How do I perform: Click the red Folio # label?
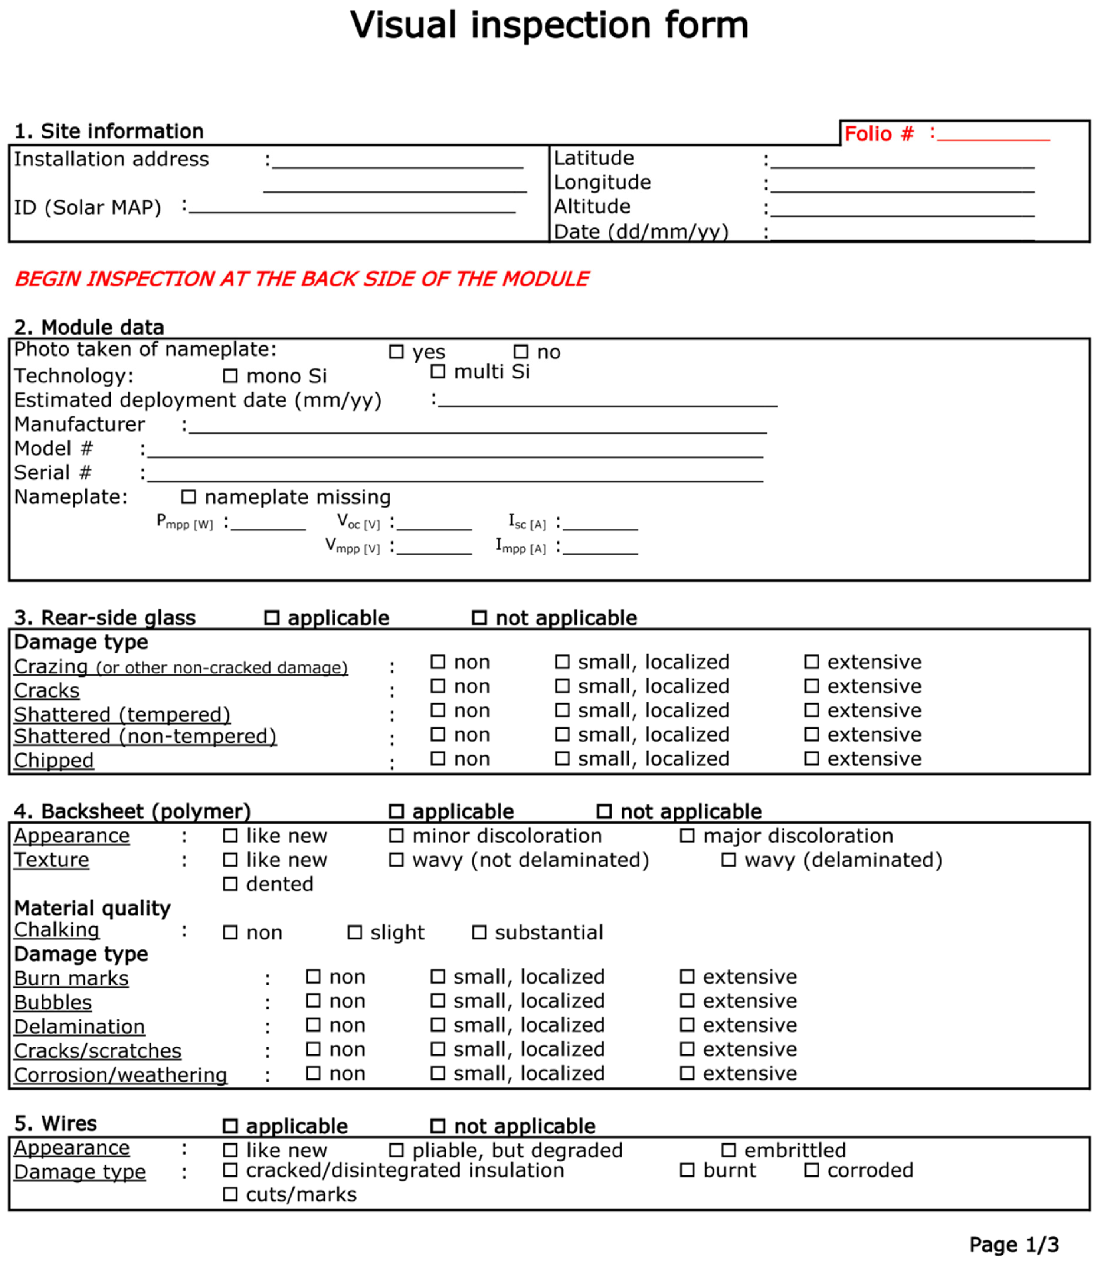tap(878, 134)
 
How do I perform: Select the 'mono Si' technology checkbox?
tap(230, 375)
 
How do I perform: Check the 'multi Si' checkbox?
tap(437, 371)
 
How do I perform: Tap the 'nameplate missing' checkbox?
tap(188, 496)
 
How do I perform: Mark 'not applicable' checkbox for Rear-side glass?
tap(479, 617)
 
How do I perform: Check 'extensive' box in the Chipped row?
tap(811, 759)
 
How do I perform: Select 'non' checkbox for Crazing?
tap(437, 662)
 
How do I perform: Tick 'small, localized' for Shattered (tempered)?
tap(562, 710)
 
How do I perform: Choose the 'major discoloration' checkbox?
tap(687, 835)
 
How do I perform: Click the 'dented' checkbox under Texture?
tap(230, 884)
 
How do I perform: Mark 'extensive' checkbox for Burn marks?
tap(687, 976)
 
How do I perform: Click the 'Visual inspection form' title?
tap(549, 26)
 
